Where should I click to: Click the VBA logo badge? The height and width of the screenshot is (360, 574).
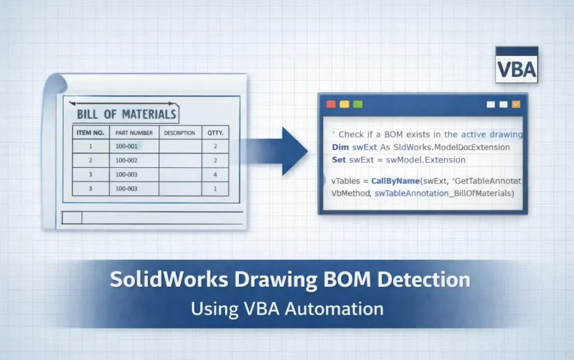(x=517, y=64)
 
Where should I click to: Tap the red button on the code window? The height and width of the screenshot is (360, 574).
(x=331, y=104)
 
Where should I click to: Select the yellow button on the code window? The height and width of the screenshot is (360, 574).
(x=344, y=104)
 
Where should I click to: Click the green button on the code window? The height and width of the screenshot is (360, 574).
(x=358, y=104)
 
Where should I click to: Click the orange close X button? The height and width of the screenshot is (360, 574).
(x=516, y=104)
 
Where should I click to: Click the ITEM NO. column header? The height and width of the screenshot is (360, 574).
(x=90, y=132)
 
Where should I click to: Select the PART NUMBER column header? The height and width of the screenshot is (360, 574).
(x=134, y=133)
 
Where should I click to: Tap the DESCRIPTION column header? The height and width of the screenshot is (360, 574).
(x=180, y=133)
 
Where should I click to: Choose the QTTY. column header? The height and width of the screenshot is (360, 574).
(x=215, y=133)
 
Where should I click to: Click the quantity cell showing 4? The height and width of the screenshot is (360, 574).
(x=215, y=174)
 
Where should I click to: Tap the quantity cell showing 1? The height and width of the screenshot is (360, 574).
(x=215, y=189)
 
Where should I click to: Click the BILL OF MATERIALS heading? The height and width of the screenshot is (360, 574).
(x=126, y=114)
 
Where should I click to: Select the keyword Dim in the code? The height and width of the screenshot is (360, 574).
(x=340, y=147)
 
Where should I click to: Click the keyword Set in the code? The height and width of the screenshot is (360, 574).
(x=338, y=160)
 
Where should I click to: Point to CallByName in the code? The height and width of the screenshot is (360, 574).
(x=396, y=181)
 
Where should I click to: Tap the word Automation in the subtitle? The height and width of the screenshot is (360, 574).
(x=334, y=309)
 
